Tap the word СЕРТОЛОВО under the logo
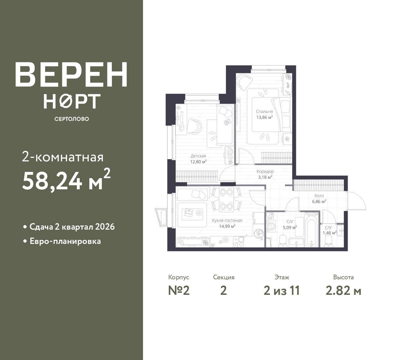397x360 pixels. coord(72,119)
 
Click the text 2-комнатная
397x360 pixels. coord(63,157)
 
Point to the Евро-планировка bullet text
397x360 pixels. coord(65,241)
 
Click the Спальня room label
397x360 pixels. coord(265,111)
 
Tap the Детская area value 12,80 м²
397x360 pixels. coord(198,162)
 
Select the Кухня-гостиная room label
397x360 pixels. coord(227,220)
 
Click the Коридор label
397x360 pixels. coord(265,171)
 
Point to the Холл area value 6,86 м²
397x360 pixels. coord(319,201)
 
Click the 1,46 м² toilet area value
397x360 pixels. coord(329,232)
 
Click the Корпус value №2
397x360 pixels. coord(179,291)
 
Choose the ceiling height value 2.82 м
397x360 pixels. coord(343,291)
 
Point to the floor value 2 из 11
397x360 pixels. coord(282,291)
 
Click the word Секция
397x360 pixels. coord(224,277)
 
